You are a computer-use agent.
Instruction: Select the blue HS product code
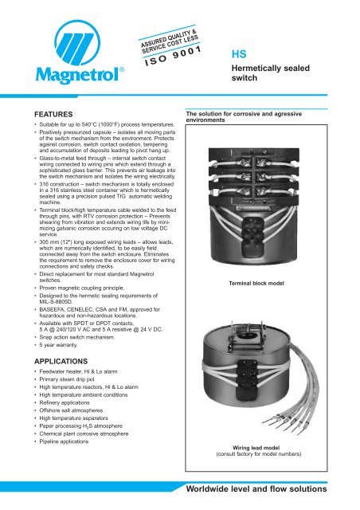[x=238, y=56]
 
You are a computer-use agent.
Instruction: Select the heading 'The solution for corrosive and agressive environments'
[x=259, y=119]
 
